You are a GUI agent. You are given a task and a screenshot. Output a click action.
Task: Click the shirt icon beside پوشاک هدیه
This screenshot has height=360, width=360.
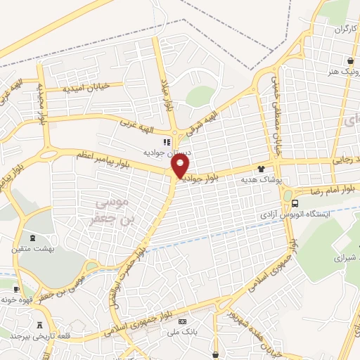(262, 169)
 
